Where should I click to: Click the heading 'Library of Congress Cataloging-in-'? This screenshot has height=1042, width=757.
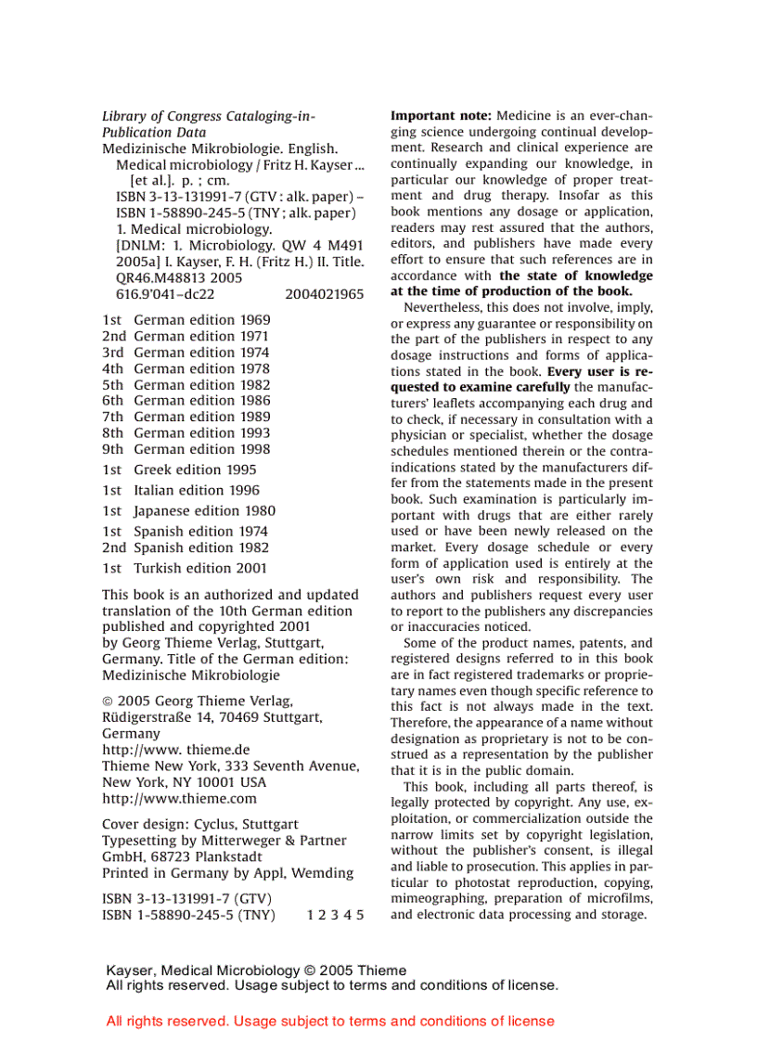[209, 116]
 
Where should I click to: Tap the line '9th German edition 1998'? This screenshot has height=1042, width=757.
[186, 449]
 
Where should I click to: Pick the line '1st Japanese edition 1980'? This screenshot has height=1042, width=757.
[188, 510]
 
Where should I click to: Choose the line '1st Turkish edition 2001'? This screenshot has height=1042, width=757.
[185, 568]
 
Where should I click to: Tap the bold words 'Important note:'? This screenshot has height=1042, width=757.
[441, 116]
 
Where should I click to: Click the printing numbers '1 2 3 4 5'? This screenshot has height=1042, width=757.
[335, 915]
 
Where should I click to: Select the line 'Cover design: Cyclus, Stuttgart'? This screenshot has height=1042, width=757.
[200, 824]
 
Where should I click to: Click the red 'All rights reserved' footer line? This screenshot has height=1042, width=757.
[330, 1021]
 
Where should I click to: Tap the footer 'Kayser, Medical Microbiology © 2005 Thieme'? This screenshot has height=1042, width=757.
[256, 971]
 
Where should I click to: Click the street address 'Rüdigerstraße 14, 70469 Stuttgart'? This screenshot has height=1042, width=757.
[212, 717]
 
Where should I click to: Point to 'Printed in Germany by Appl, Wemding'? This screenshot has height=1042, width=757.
[227, 873]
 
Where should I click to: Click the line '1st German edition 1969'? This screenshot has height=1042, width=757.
[186, 319]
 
